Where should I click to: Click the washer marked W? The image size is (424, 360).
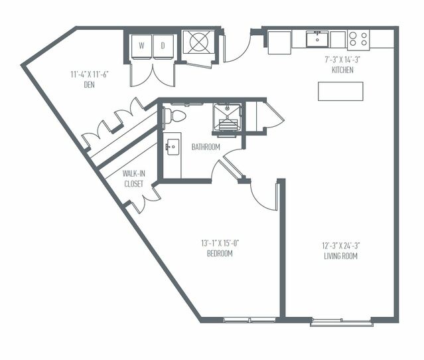coord(141,46)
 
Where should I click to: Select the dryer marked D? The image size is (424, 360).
coord(163,46)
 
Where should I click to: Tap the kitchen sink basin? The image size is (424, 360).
coord(317,39)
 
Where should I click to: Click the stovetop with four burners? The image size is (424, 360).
coord(358,40)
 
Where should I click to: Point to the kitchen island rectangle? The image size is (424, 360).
coord(340,91)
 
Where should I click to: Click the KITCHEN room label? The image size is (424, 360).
coord(342,70)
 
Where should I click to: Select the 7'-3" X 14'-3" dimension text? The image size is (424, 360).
coord(342,60)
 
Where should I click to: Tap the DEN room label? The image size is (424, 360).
coord(89,85)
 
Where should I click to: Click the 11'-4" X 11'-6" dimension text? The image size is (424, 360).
coord(90,74)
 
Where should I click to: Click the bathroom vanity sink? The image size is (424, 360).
coord(173,147)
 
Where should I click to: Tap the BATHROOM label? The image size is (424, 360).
coord(206,147)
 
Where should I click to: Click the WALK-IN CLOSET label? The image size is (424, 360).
coord(133,179)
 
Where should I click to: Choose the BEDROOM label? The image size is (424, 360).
coord(220,253)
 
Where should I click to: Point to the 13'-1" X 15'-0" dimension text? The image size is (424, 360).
coord(220,243)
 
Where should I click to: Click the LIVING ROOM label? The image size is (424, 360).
coord(340,256)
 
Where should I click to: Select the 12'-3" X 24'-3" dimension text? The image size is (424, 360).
coord(340,246)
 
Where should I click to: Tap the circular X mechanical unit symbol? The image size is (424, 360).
coord(199,42)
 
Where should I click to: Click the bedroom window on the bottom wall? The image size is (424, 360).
coord(249,320)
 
